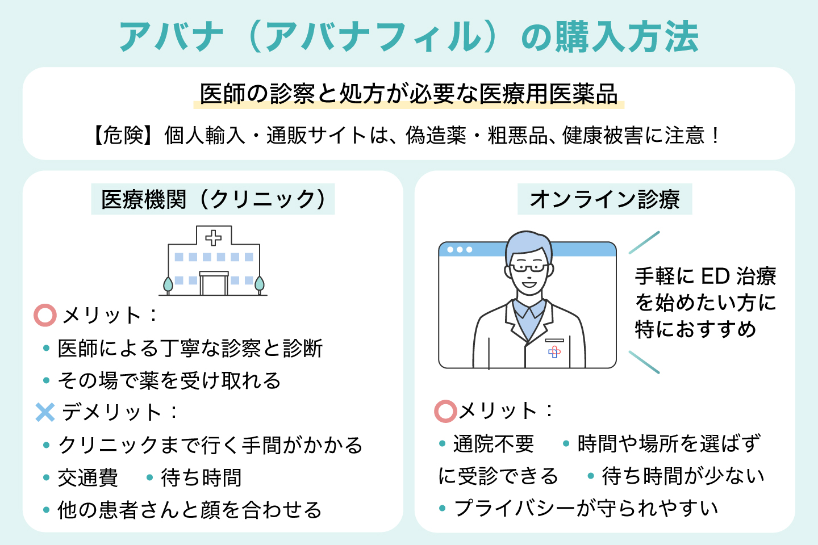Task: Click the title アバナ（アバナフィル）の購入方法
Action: coord(408,37)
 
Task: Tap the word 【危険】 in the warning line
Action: coord(121,136)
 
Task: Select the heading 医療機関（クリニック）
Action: coord(213,199)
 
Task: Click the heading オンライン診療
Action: coord(604,199)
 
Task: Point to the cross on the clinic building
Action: coord(214,237)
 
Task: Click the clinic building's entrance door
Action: coord(214,284)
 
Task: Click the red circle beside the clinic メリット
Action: coord(45,316)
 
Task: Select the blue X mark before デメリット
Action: coord(45,412)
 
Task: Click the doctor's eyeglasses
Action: coord(528,267)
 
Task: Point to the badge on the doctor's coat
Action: coord(554,352)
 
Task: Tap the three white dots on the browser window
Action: coord(460,250)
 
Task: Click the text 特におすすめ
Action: coord(695,329)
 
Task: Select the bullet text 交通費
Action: coord(88,478)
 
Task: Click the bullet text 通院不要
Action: coord(494,444)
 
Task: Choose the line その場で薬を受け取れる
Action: coord(169,380)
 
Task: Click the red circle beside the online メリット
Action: coord(446,412)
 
